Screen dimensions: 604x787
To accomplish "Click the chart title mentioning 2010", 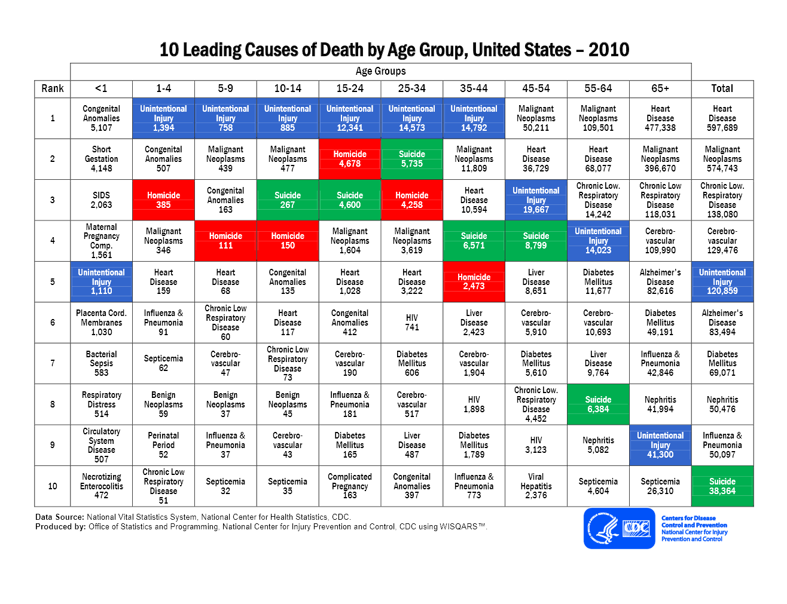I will coord(394,50).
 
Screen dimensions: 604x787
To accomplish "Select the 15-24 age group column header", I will coord(350,88).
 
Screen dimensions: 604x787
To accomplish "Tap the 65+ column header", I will coord(660,88).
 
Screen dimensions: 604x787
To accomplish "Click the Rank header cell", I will coord(53,88).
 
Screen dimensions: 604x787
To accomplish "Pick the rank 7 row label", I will coord(53,363).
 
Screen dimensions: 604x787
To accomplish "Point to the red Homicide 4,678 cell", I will coord(350,159).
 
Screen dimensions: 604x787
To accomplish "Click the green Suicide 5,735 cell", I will coord(412,159).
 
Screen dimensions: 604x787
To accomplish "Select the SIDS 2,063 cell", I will coord(101,200).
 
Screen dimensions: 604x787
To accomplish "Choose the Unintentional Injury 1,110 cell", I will coord(101,281).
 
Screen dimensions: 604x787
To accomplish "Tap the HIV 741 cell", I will coord(412,323).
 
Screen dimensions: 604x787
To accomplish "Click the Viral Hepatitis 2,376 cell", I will coord(536,486).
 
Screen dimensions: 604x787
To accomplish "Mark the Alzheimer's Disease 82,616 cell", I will coord(660,281).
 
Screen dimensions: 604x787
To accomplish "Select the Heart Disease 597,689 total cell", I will coord(722,118).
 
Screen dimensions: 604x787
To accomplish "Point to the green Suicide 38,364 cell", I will coord(722,486).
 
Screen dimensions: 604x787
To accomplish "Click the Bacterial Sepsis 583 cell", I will coord(101,363).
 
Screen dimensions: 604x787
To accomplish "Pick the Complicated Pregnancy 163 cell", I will coord(350,486).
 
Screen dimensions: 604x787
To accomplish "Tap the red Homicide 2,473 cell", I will coord(474,281).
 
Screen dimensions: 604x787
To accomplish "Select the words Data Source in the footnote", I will coord(59,517).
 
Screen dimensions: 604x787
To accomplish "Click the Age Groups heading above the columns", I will coord(380,71).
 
